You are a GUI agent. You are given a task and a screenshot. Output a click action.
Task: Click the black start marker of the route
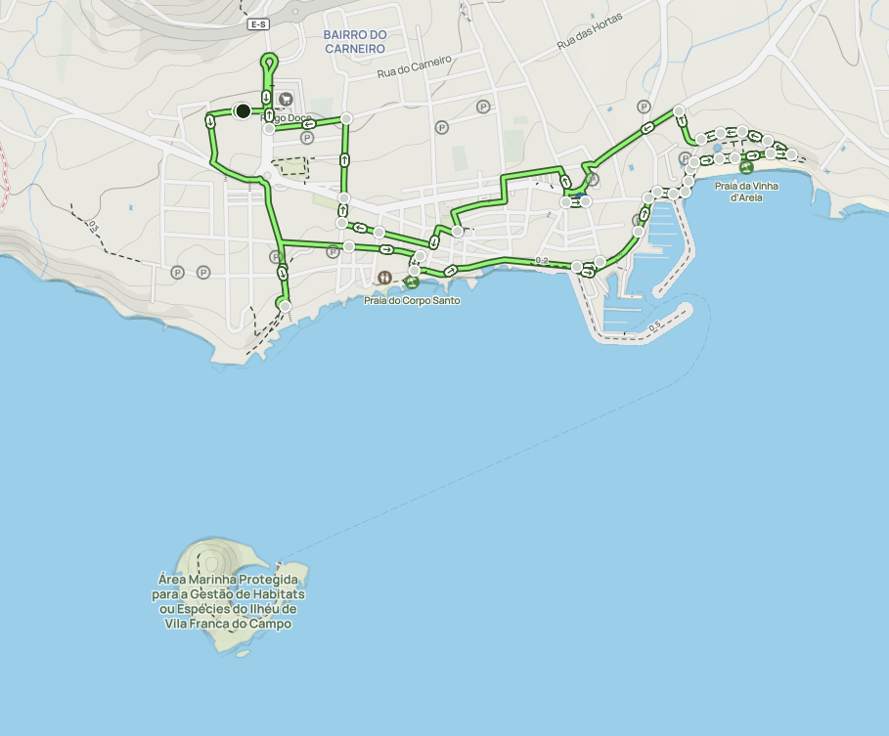243,111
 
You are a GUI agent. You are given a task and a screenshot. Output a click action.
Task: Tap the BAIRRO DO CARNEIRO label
355,41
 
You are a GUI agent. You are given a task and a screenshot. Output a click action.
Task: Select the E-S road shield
258,23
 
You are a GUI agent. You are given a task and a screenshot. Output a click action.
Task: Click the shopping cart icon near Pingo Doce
286,99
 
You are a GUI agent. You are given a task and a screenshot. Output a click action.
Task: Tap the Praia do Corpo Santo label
412,300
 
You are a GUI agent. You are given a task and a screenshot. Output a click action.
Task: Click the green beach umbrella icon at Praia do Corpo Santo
412,282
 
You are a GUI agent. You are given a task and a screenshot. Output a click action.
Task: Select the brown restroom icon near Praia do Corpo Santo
385,278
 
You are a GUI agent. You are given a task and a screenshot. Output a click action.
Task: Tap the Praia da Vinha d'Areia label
746,192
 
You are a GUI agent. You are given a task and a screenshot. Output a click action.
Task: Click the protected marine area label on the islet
229,601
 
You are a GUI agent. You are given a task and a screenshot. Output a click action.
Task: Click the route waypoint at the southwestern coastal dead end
286,307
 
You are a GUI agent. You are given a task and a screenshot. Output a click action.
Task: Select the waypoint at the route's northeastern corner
679,110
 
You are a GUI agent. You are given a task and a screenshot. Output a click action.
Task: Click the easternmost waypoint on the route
791,154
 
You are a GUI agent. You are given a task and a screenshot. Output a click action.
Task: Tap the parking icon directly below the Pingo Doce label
307,139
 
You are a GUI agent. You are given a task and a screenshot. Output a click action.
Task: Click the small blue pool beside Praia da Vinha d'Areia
717,148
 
